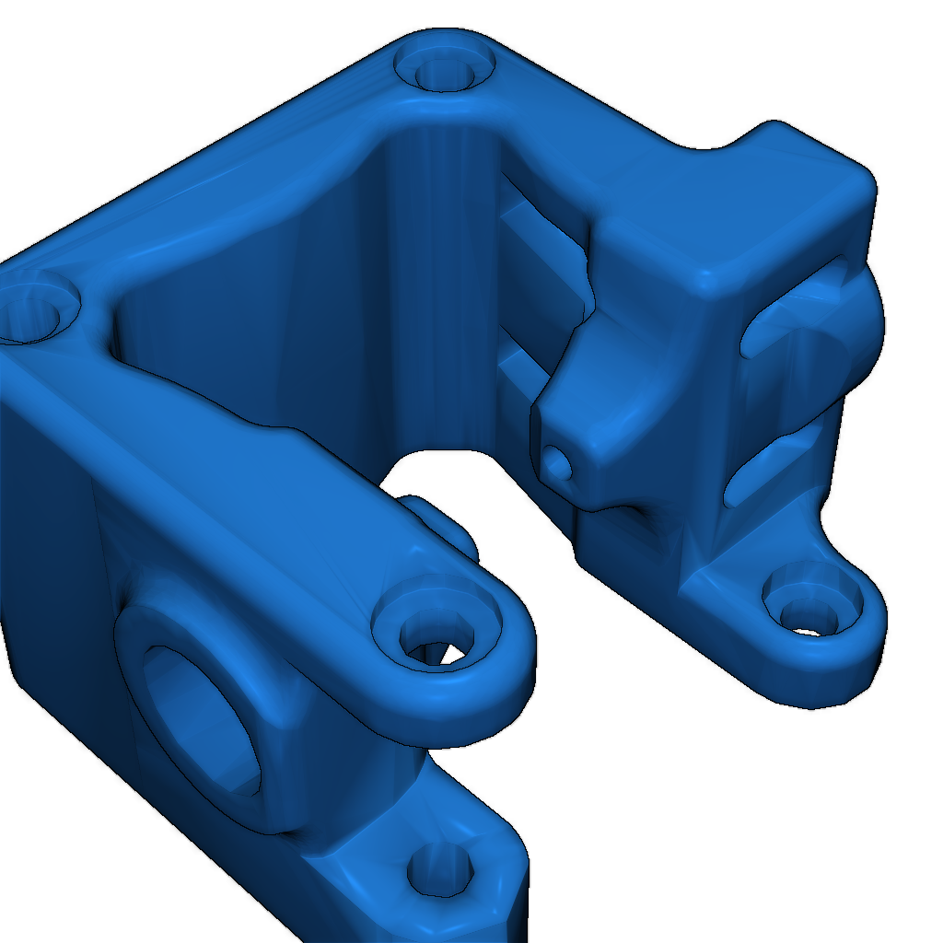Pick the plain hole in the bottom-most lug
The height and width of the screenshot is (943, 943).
point(440,870)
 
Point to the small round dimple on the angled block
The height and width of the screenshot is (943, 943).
point(557,461)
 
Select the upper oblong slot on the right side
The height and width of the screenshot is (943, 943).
point(792,309)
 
